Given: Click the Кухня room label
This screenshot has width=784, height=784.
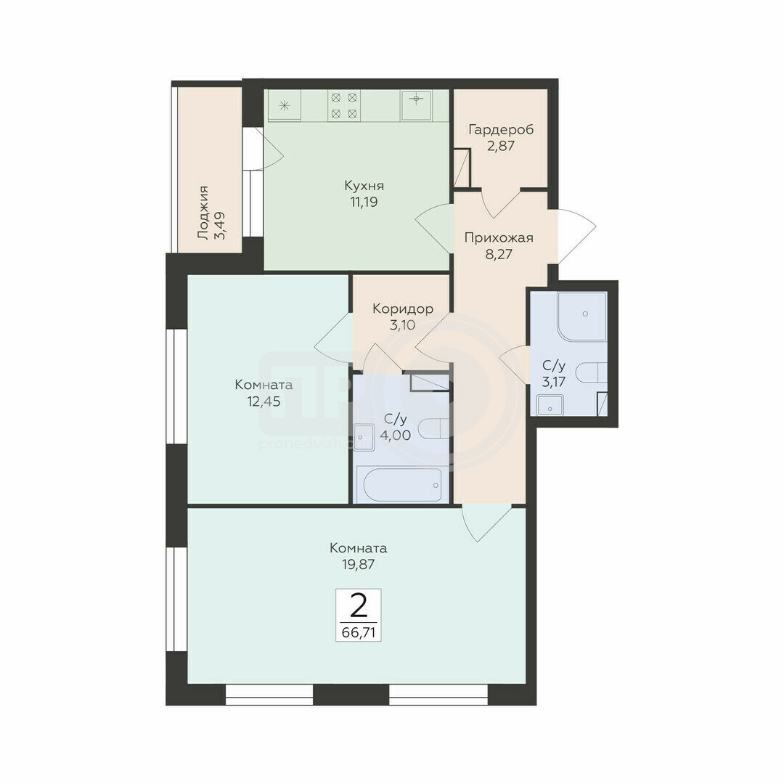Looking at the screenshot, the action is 364,186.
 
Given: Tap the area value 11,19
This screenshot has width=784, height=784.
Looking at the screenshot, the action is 364,202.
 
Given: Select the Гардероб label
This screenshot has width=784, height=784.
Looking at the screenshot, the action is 501,129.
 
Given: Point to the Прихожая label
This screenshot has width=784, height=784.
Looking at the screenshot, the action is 499,237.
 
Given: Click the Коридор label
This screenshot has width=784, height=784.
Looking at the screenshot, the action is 403,309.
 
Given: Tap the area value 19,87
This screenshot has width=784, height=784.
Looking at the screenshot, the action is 359,565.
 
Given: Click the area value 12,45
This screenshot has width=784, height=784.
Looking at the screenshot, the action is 264,401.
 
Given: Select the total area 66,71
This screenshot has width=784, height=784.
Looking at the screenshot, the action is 359,632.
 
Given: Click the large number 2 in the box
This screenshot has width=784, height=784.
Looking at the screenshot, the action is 359,606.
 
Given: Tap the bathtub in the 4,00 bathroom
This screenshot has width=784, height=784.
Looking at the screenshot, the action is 403,484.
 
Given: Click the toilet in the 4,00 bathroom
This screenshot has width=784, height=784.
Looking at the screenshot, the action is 433,428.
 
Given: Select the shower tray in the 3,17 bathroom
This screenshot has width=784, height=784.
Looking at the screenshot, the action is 582,316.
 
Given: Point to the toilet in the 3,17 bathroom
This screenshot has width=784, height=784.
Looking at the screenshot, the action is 592,372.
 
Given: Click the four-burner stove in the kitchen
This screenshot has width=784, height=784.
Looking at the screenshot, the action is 344,105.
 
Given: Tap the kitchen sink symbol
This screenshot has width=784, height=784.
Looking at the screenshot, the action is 416,105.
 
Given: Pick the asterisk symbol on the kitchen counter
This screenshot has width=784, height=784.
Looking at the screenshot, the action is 285,105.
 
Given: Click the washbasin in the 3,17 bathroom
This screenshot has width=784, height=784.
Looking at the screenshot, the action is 550,406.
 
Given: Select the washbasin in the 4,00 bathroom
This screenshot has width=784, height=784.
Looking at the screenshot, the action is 364,438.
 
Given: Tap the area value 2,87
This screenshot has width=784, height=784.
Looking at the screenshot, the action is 501,146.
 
